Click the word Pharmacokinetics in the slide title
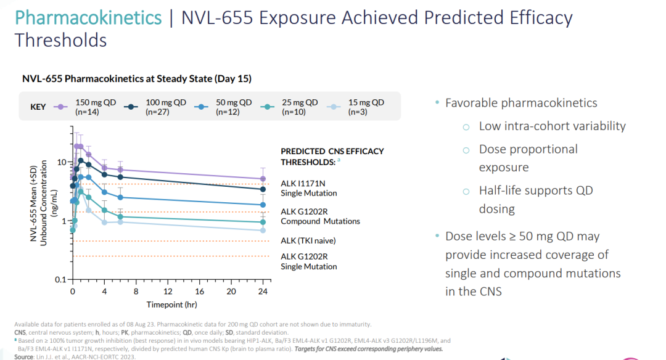[88, 17]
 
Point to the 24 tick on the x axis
[263, 291]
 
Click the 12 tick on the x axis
[168, 291]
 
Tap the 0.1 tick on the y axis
[60, 280]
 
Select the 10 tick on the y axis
[62, 162]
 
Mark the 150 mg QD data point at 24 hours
[263, 179]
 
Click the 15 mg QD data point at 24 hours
[263, 231]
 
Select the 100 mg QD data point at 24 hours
[263, 189]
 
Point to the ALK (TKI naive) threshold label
[308, 241]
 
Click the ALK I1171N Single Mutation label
[309, 188]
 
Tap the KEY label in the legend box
[38, 107]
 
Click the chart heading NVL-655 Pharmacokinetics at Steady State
[136, 79]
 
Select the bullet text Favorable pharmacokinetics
[521, 103]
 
